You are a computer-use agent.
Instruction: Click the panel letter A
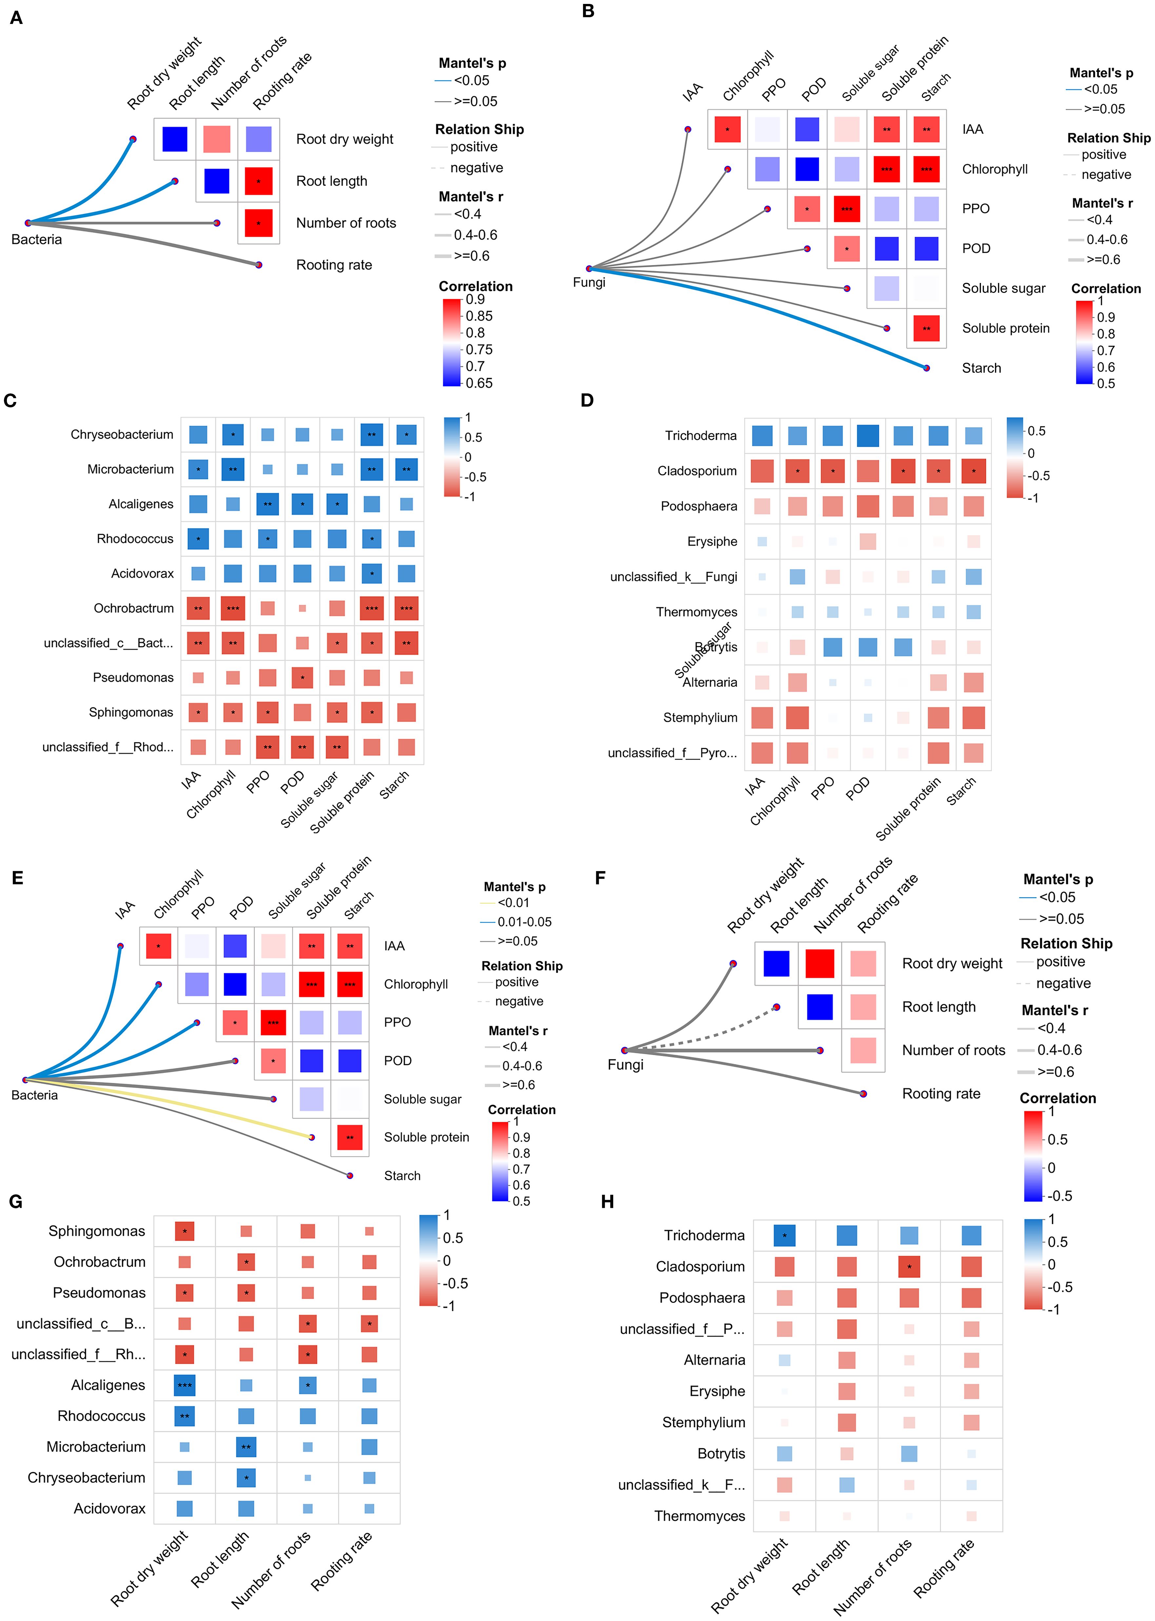pos(16,18)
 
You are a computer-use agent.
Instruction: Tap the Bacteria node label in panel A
pos(36,240)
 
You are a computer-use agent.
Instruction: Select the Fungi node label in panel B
pos(589,282)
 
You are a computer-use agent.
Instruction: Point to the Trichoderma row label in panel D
pos(700,435)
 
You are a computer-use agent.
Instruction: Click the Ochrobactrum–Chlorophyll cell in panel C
pos(233,608)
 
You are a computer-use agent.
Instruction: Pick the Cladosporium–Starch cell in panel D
pos(973,471)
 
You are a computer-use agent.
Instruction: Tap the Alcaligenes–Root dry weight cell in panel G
pos(184,1385)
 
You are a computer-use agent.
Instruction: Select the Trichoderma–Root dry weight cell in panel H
pos(784,1235)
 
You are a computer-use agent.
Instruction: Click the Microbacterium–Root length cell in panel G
pos(246,1447)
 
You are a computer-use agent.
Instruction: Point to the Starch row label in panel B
pos(982,368)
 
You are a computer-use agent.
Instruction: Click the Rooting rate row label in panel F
pos(941,1093)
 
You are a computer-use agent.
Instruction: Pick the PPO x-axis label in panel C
pos(258,782)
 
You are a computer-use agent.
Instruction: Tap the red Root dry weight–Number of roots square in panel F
pos(819,964)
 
